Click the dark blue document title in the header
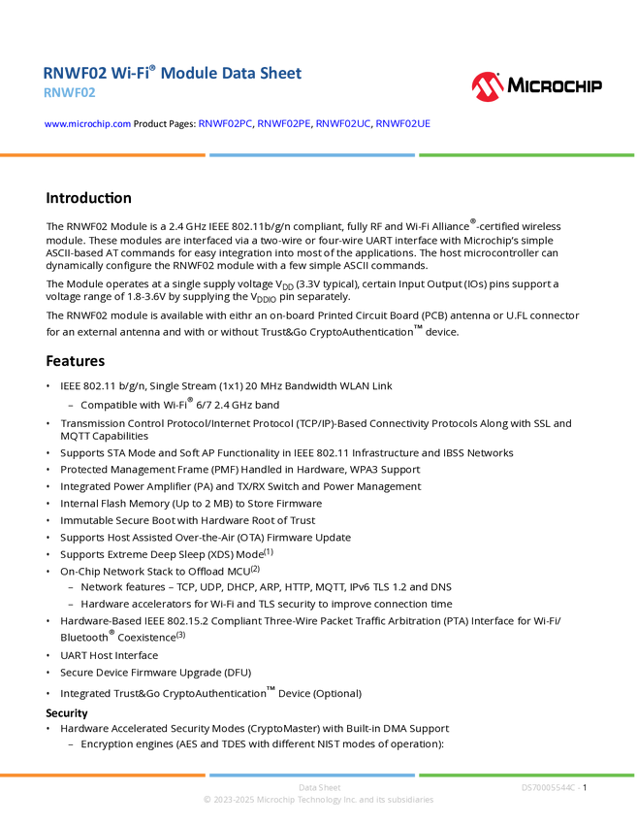[x=173, y=73]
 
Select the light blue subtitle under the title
[x=70, y=93]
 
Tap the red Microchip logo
[x=487, y=87]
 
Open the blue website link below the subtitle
[x=87, y=124]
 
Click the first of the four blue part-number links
[x=225, y=124]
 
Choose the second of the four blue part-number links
[x=279, y=124]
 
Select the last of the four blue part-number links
[x=400, y=124]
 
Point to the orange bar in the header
[x=103, y=154]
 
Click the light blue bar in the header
[x=312, y=154]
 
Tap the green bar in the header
[x=526, y=154]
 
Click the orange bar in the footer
[x=103, y=775]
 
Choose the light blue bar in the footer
[x=312, y=775]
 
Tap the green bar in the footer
[x=526, y=775]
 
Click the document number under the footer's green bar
[x=550, y=787]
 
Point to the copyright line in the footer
[x=318, y=801]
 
